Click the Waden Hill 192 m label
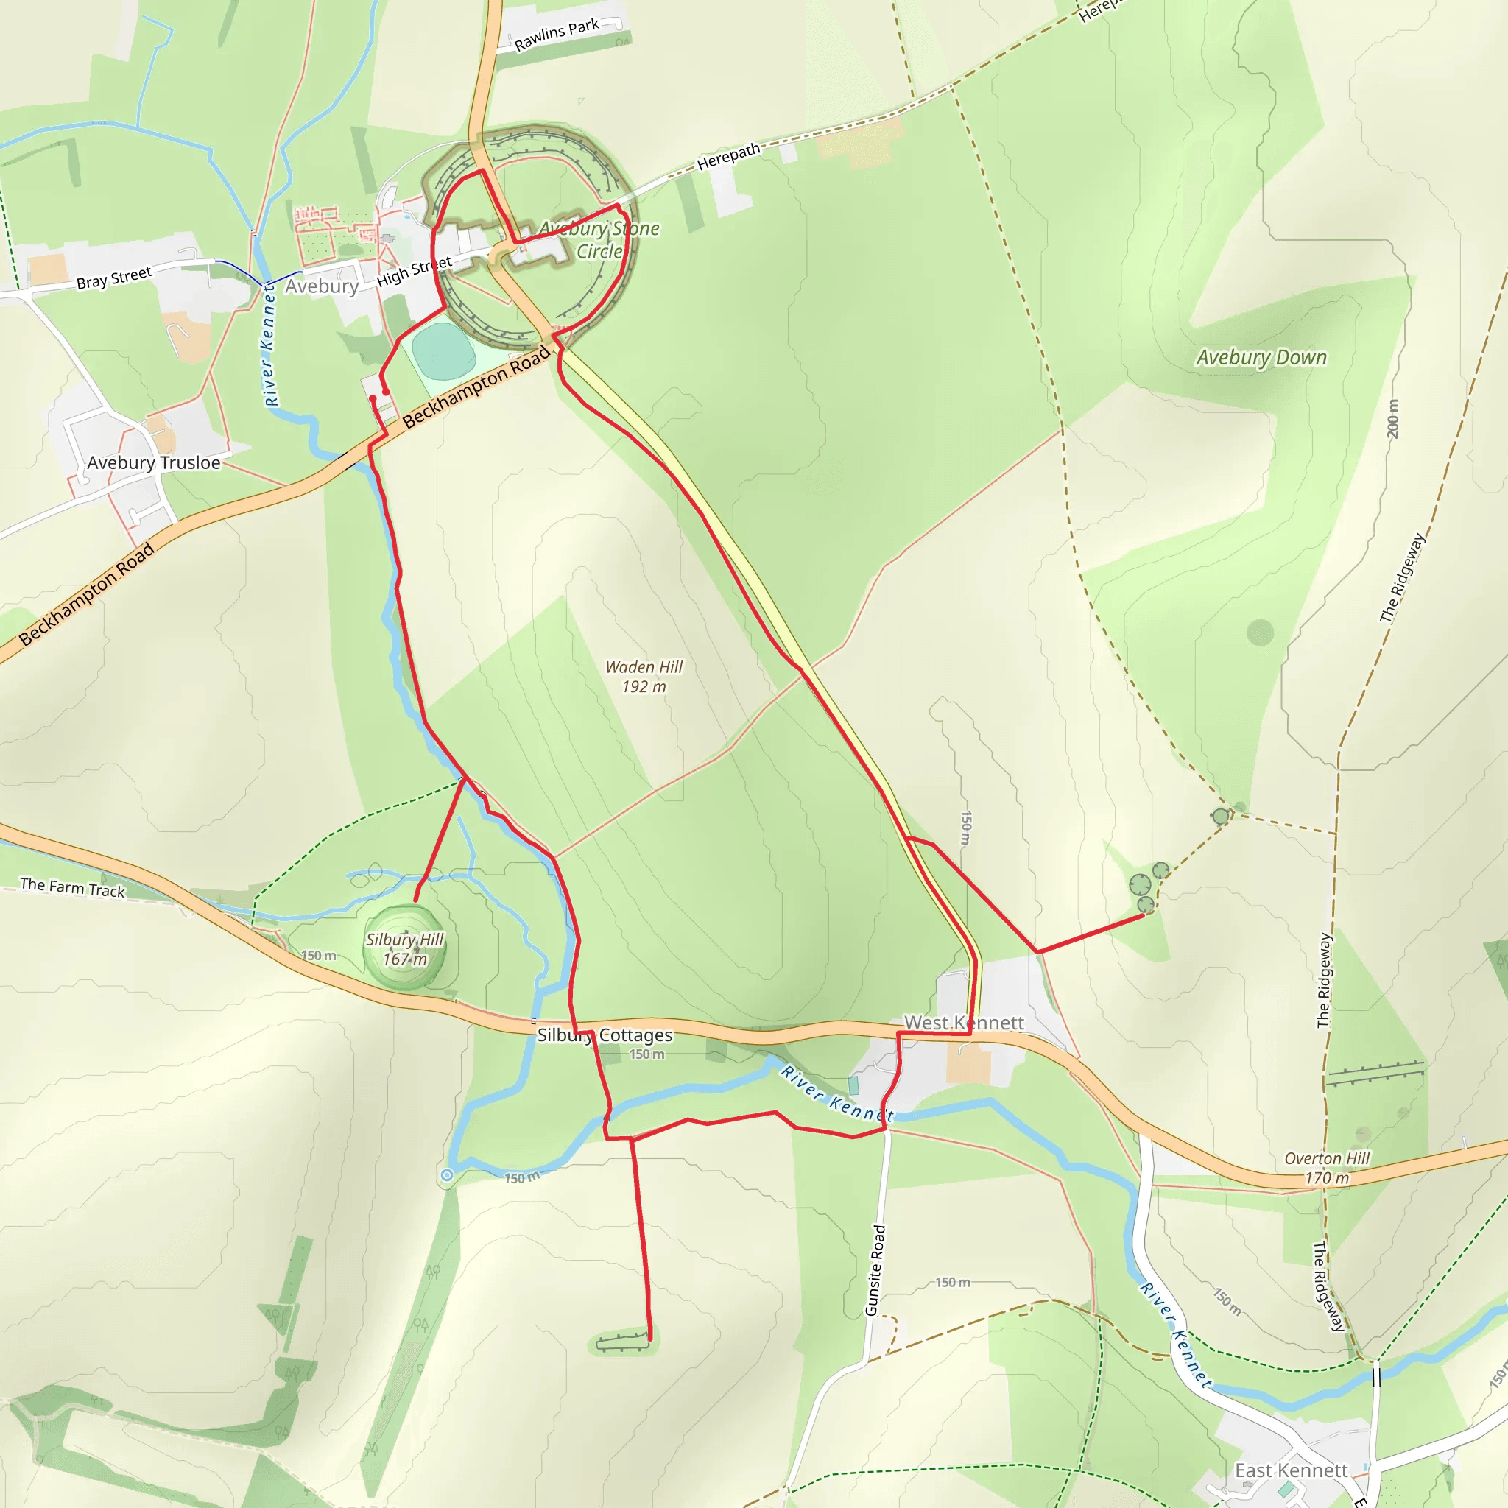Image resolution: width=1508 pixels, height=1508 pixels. (644, 677)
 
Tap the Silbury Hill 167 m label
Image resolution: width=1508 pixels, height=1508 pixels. (404, 949)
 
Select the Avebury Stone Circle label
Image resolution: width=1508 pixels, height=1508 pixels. (599, 239)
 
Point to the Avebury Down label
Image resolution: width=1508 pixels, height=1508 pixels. (1261, 357)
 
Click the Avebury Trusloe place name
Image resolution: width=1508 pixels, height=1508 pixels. (154, 463)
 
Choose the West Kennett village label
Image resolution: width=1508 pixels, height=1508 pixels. (964, 1023)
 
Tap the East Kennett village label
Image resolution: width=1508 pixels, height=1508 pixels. (1291, 1470)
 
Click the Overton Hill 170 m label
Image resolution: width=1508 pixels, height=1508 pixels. (1327, 1168)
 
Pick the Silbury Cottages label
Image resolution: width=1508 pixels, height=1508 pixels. (605, 1035)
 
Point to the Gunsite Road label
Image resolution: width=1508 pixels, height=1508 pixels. (875, 1270)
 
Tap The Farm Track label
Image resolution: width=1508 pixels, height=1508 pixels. (72, 887)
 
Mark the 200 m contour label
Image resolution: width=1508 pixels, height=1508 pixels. (1393, 419)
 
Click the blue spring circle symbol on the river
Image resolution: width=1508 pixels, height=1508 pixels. (446, 1174)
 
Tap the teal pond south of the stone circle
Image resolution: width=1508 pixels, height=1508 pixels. (443, 350)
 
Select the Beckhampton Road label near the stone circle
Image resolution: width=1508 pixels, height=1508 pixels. (476, 388)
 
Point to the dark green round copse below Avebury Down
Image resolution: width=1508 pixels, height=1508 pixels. (1261, 633)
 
